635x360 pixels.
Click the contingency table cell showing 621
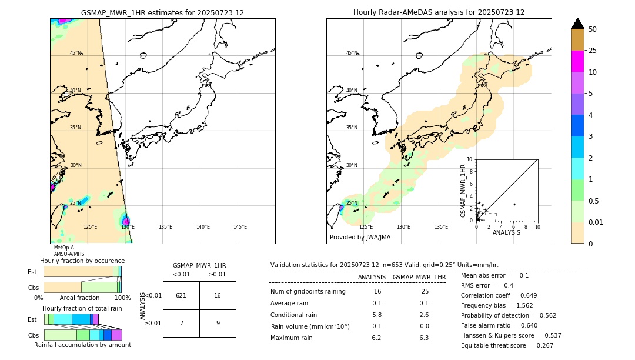coord(181,295)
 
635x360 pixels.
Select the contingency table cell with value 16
coord(218,295)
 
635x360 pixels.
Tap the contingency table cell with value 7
coord(181,323)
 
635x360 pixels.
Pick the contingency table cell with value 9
coord(218,323)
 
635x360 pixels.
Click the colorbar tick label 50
coord(593,29)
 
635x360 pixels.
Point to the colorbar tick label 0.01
coord(596,222)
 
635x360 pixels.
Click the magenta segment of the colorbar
coord(578,61)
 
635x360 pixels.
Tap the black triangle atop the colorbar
coord(578,23)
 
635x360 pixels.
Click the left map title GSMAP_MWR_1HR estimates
coord(162,12)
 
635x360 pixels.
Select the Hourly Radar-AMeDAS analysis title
coord(439,12)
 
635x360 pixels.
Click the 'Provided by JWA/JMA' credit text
coord(360,238)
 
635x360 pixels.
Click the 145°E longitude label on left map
coord(240,227)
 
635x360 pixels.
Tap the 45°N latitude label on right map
coord(352,53)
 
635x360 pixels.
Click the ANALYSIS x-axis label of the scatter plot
coord(506,232)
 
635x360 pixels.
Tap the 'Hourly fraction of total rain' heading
coord(82,308)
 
